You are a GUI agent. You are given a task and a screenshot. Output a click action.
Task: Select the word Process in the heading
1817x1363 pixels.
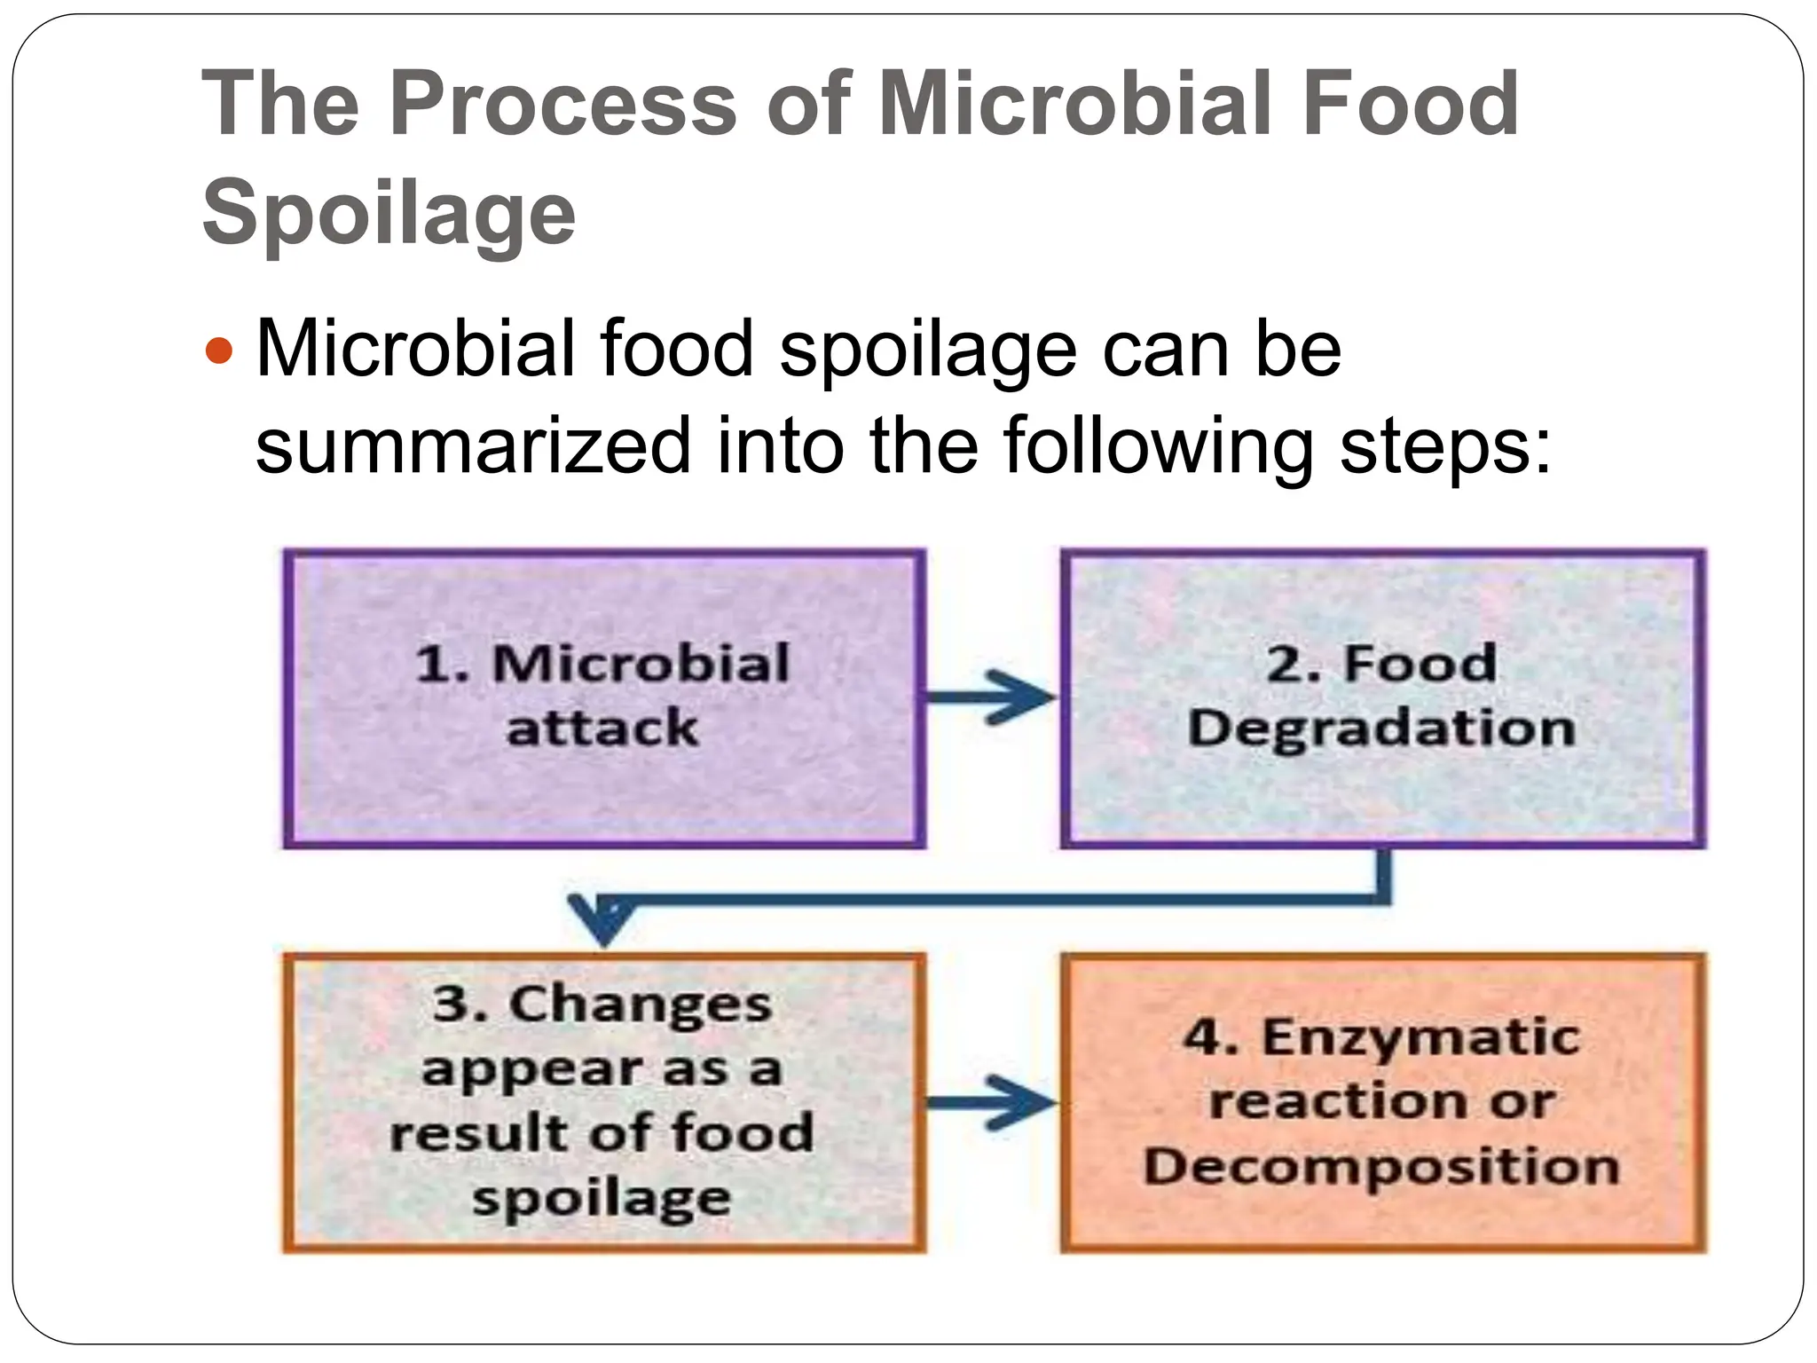coord(562,105)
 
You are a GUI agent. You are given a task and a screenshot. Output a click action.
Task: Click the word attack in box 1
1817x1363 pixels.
coord(602,728)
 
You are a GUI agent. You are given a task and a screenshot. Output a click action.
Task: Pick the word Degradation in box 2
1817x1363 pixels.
coord(1381,729)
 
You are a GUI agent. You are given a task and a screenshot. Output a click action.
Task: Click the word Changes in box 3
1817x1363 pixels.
coord(640,1005)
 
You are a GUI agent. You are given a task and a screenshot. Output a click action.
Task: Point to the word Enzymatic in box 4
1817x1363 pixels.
coord(1421,1036)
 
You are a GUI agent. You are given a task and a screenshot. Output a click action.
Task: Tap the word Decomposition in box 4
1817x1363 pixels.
coord(1381,1166)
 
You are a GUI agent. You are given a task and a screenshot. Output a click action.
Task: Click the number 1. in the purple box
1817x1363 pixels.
coord(442,664)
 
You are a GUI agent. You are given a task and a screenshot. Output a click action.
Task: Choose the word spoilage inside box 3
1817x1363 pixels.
coord(602,1198)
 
